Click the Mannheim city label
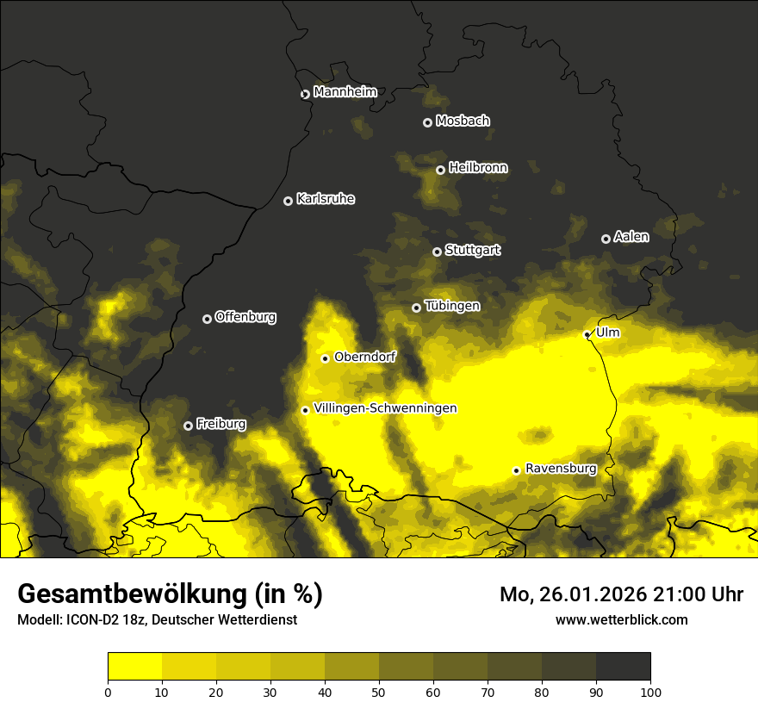[x=345, y=92]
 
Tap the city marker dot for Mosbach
[x=427, y=122]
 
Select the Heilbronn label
[x=478, y=168]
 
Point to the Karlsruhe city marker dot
[x=289, y=201]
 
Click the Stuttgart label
[x=472, y=250]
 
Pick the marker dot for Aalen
[x=606, y=239]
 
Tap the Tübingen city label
[x=452, y=306]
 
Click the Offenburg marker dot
[x=207, y=319]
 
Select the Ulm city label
[x=607, y=333]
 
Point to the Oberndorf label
[x=364, y=357]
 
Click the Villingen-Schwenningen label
[x=385, y=408]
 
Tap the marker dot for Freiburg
[x=188, y=426]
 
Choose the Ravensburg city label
[x=560, y=469]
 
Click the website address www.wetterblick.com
[x=621, y=619]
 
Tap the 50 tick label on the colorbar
[x=379, y=691]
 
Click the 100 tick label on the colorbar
[x=650, y=691]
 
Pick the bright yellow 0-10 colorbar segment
[x=135, y=666]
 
